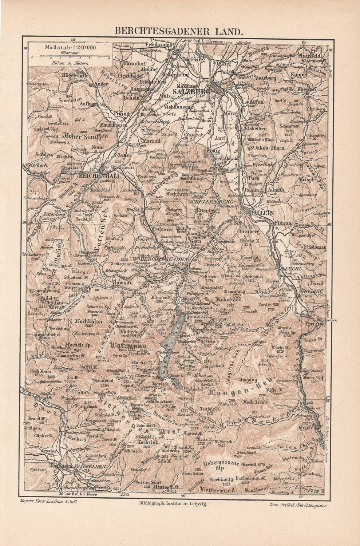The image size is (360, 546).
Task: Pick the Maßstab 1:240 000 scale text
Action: click(x=70, y=47)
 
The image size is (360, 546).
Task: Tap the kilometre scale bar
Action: click(x=70, y=57)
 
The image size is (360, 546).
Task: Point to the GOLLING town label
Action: click(x=312, y=292)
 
